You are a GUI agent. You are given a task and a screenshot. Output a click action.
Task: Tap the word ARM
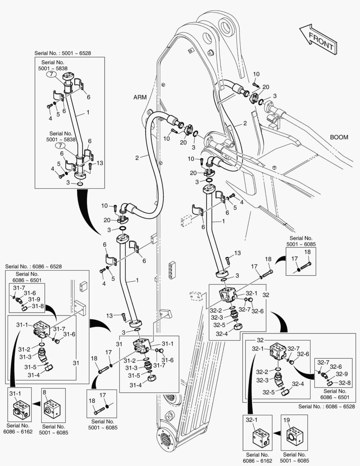[140, 98]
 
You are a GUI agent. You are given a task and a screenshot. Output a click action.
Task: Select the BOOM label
[338, 137]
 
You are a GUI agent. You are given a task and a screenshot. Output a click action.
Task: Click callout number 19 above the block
[286, 419]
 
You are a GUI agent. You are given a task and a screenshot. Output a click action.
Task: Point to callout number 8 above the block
[45, 393]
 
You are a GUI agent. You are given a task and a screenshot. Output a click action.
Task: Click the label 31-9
[34, 299]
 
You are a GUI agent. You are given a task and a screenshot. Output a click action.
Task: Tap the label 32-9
[341, 374]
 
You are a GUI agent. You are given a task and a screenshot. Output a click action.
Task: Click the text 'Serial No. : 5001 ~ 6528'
[63, 54]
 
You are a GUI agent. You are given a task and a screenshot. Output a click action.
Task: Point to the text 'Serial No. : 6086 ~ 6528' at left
[33, 266]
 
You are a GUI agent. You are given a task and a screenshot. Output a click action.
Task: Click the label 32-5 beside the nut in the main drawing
[221, 324]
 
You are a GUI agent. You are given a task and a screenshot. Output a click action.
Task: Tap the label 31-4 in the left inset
[33, 375]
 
